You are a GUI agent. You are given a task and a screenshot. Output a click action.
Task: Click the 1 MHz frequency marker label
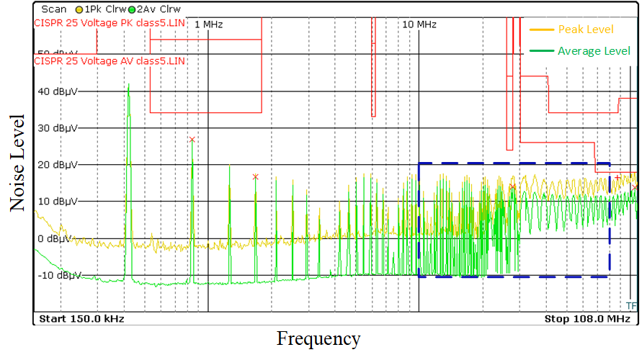(208, 24)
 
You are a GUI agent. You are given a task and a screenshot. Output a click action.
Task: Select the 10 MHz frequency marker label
(419, 24)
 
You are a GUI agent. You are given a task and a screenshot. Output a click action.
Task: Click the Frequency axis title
(318, 338)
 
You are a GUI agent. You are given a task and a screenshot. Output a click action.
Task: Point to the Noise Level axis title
(17, 162)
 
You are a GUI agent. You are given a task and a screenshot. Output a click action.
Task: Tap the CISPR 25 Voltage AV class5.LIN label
(109, 61)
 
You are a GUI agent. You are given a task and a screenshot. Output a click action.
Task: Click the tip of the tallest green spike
(128, 84)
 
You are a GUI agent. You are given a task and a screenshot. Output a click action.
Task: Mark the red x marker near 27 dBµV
(192, 139)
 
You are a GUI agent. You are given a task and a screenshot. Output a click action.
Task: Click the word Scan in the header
(53, 10)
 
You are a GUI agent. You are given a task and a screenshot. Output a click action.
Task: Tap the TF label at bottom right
(632, 305)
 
